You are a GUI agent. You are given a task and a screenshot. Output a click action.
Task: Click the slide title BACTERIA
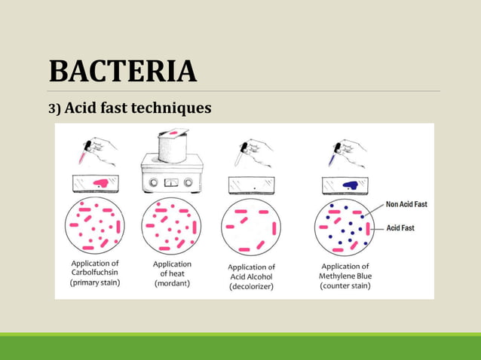coord(122,71)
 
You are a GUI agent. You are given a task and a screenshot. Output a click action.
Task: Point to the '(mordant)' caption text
coord(172,284)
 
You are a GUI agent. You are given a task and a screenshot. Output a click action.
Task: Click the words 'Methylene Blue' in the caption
coord(345,276)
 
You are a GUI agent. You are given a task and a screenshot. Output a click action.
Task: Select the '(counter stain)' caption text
coord(345,286)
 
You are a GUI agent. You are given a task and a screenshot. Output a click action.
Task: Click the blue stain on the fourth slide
coord(350,184)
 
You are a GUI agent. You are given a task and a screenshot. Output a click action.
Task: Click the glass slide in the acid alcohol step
coord(251,184)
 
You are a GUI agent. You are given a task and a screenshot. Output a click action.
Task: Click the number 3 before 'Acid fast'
coord(53,110)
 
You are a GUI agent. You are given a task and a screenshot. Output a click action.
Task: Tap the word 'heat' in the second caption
coord(177,274)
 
